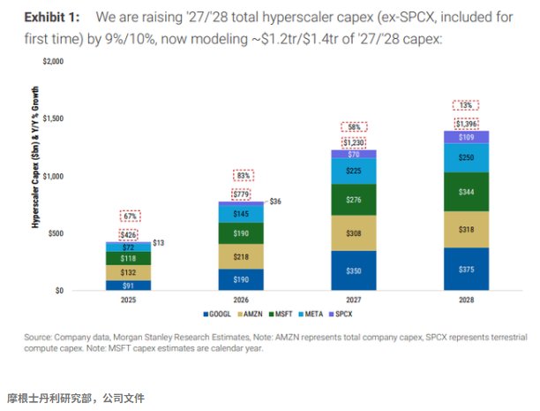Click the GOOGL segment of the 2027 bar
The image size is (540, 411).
coord(354,270)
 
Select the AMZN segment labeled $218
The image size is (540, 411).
coord(241,256)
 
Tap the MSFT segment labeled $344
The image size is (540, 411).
coord(466,192)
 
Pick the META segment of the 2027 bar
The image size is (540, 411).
coord(354,171)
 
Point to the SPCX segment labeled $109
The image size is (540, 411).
coord(466,137)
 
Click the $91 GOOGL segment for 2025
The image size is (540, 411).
coord(128,285)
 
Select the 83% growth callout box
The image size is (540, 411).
coord(244,176)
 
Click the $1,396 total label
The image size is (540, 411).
coord(466,124)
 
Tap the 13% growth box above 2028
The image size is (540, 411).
coord(466,105)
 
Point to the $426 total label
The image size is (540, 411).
coord(128,235)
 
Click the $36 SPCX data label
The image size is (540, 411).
coord(275,202)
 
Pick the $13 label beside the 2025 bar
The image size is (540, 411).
coord(159,243)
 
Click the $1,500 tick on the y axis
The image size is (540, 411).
coord(53,118)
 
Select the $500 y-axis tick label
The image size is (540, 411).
coord(56,233)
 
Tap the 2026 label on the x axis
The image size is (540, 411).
coord(241,300)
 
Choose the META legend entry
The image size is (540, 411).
coord(311,314)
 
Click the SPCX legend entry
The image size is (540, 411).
coord(341,314)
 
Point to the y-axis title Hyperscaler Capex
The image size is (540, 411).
coord(35,157)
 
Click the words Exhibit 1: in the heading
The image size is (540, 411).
coord(52,17)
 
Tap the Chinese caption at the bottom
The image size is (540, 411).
coord(75,399)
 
